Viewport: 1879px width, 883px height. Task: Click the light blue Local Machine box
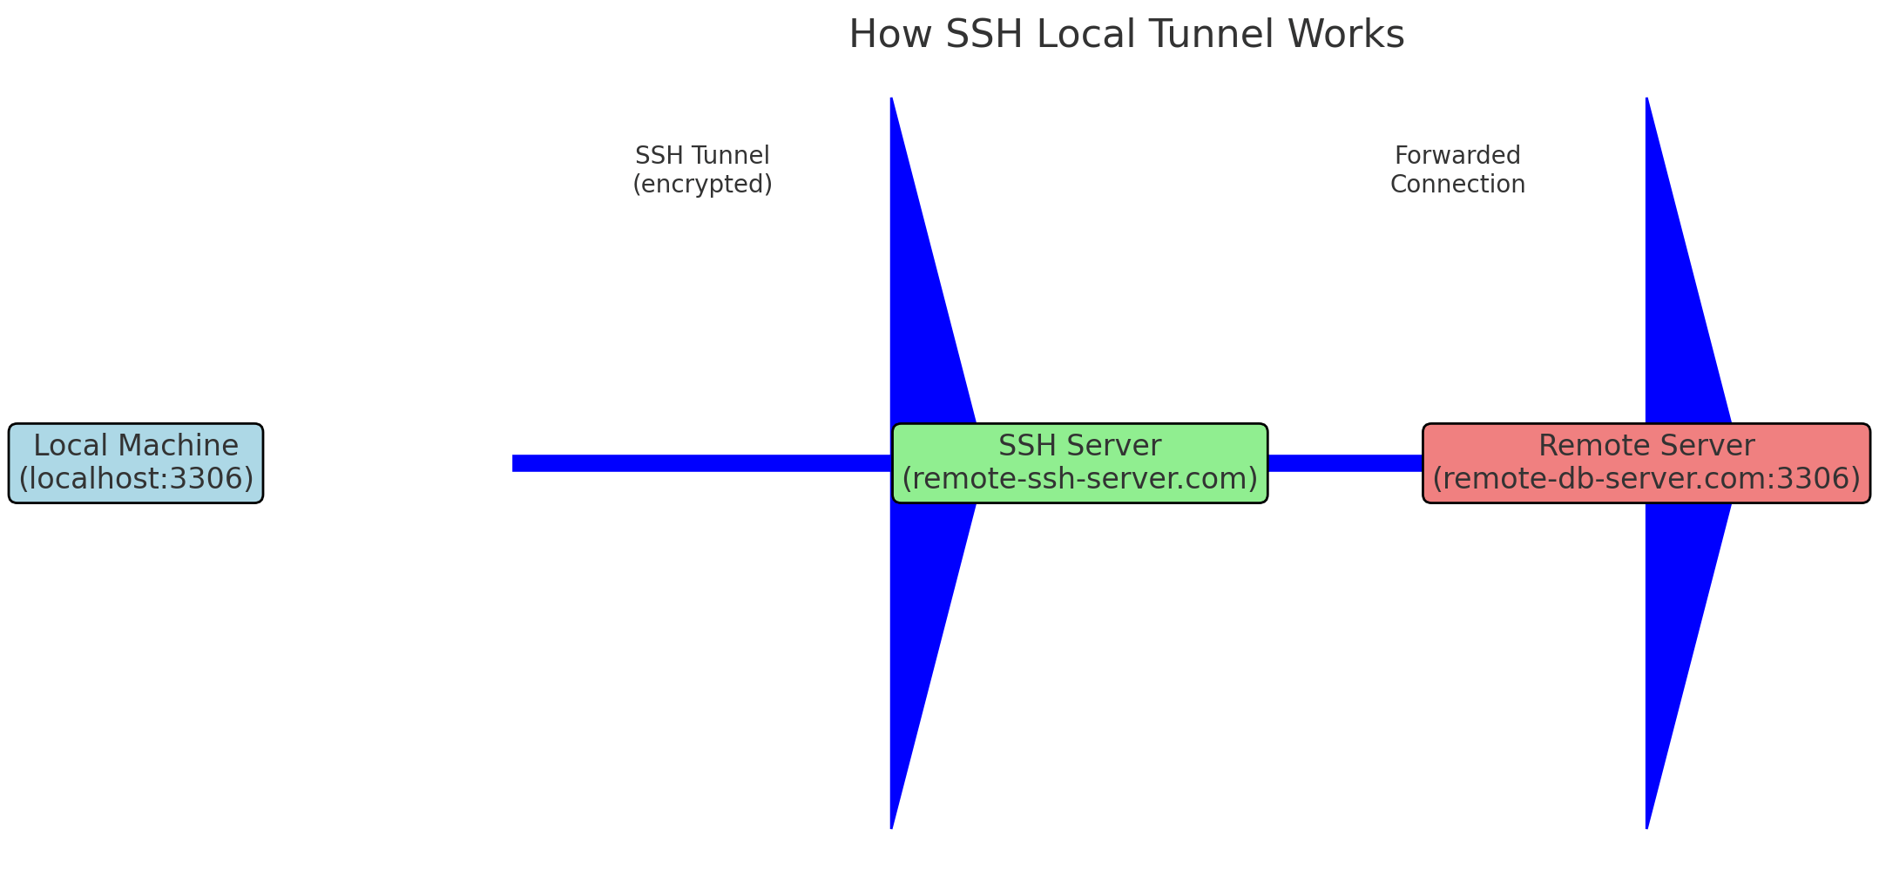tap(136, 463)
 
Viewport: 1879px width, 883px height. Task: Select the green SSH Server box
tap(1079, 463)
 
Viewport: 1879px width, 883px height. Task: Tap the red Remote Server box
tap(1646, 463)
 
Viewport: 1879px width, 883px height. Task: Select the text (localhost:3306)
tap(136, 479)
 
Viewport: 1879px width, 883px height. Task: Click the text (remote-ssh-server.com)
tap(1079, 479)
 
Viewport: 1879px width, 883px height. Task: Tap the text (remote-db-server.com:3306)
tap(1646, 479)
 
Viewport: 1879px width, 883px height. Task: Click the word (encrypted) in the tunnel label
tap(702, 185)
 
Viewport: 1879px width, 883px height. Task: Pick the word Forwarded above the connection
tap(1457, 156)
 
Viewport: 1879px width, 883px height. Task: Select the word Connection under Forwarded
tap(1457, 185)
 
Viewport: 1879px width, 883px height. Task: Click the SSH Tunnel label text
tap(702, 156)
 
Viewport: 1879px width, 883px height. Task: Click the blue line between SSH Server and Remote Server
tap(1345, 463)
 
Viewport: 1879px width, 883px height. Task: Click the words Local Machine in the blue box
tap(136, 446)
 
